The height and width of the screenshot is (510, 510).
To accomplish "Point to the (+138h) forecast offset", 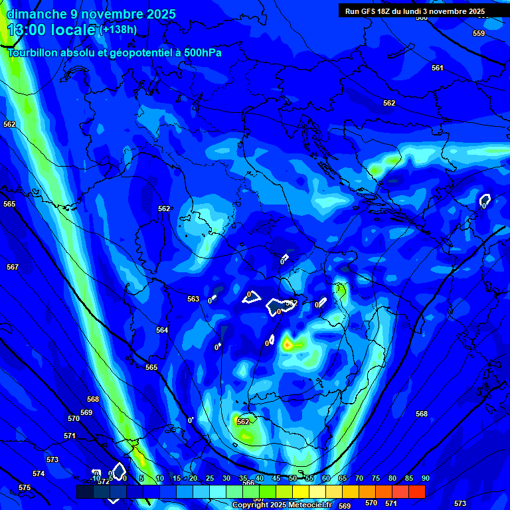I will (x=118, y=29).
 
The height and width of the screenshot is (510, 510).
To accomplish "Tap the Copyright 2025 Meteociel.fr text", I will (x=283, y=505).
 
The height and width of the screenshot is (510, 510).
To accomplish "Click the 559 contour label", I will (x=479, y=33).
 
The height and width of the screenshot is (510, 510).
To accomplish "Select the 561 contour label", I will (x=437, y=68).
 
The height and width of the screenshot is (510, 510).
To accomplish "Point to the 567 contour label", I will (x=13, y=267).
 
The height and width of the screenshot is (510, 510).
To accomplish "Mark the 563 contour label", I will (x=193, y=299).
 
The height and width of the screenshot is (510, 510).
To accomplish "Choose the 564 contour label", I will (x=162, y=330).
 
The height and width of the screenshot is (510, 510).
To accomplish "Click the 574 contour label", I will (x=39, y=473).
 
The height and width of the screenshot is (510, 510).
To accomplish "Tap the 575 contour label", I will (x=25, y=487).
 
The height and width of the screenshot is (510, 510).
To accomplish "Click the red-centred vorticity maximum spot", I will (x=287, y=344).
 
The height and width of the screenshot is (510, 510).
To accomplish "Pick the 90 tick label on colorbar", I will (x=425, y=478).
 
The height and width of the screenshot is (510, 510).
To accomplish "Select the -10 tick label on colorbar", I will (x=96, y=478).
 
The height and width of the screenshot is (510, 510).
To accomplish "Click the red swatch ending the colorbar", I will (x=416, y=491).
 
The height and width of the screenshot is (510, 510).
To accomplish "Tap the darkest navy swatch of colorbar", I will (x=84, y=491).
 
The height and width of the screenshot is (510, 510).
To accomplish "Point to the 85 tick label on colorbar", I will (x=408, y=478).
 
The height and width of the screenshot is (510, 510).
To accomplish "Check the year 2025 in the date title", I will (x=161, y=14).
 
